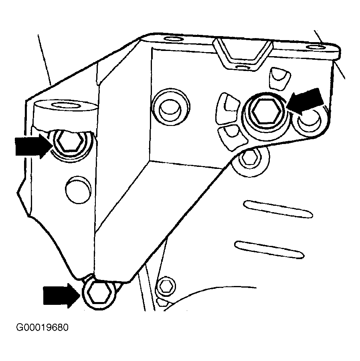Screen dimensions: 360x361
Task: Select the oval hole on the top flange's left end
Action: (173, 39)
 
